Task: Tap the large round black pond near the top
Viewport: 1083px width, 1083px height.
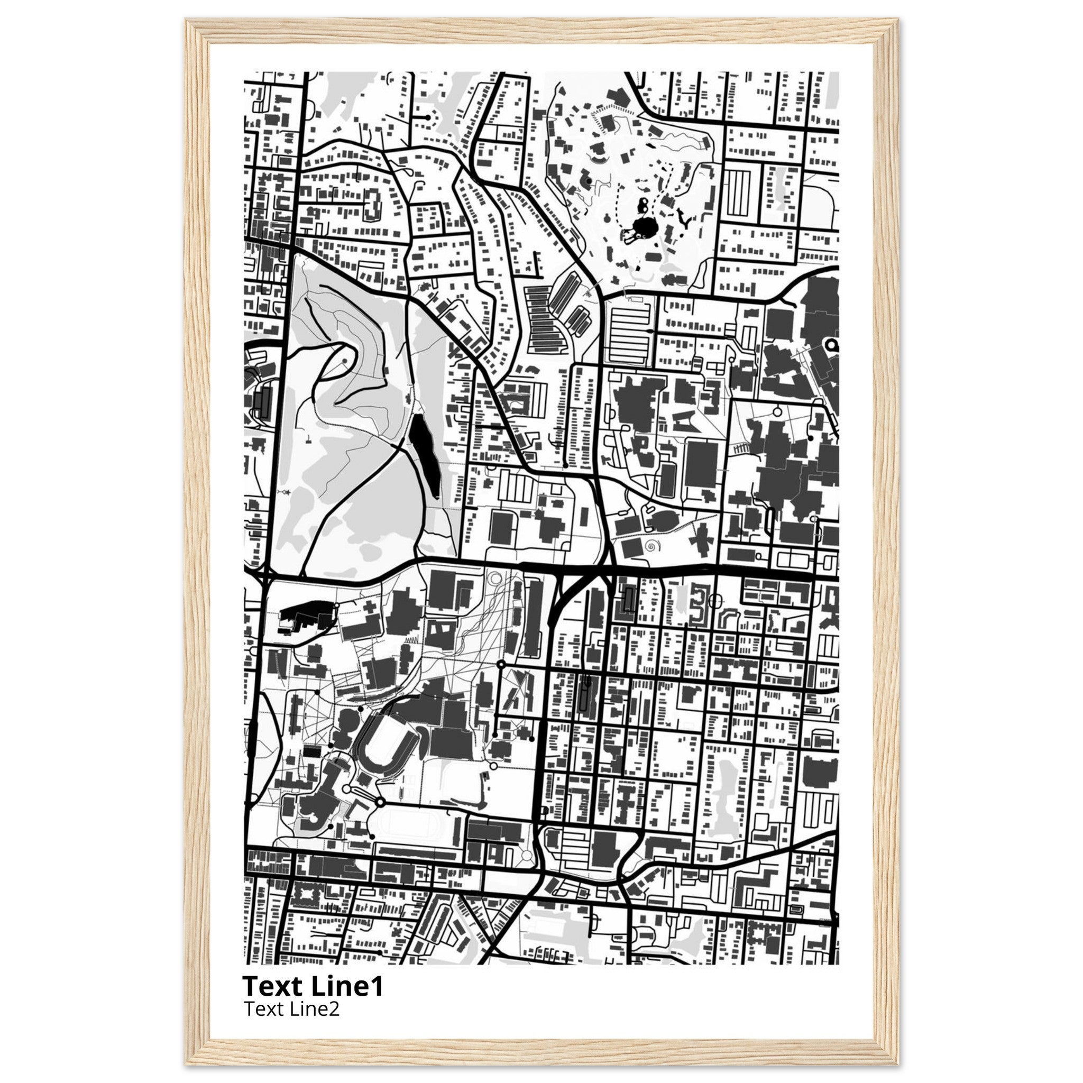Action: [x=640, y=228]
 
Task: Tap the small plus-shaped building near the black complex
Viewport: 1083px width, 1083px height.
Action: [x=371, y=609]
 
